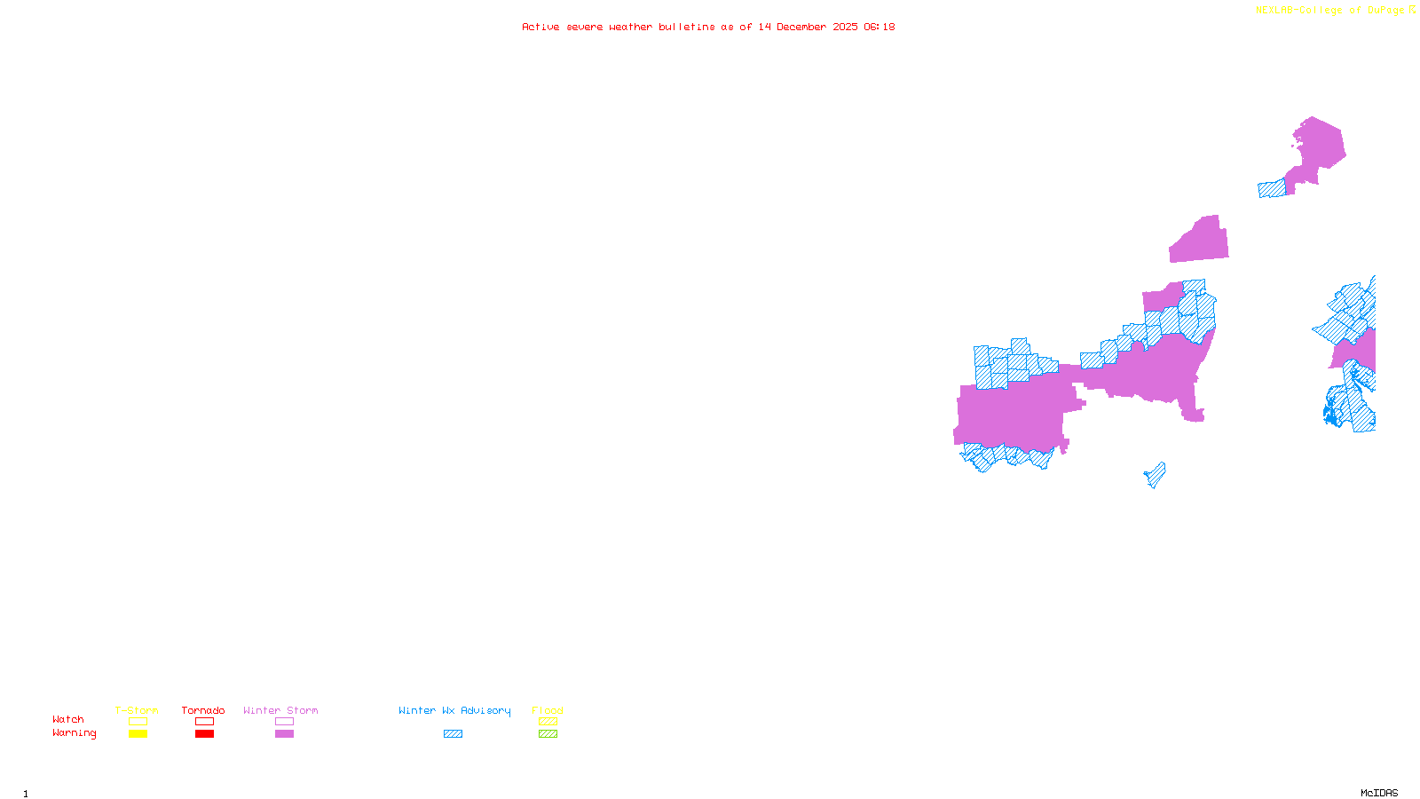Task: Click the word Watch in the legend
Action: (68, 719)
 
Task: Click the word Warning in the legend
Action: (74, 733)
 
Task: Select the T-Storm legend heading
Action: (137, 710)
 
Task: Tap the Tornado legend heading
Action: (203, 710)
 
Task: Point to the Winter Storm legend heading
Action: (280, 710)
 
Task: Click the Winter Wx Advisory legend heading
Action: (454, 710)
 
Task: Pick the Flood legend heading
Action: (548, 710)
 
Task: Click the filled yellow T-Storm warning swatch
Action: (138, 734)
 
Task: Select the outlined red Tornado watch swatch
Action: (204, 722)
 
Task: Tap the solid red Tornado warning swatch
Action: (204, 734)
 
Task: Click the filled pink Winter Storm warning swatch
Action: (284, 734)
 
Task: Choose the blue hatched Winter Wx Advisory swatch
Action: (453, 734)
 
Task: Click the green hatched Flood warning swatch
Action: (548, 734)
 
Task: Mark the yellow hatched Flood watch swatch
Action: (548, 722)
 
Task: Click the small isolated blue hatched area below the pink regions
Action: (1156, 475)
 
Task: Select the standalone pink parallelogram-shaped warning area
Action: (1200, 241)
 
